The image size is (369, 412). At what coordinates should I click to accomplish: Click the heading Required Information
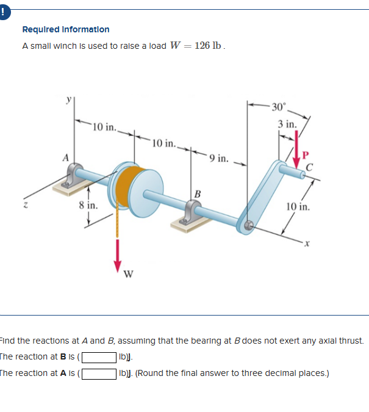pos(66,29)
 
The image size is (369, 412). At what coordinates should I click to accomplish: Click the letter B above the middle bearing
pos(197,193)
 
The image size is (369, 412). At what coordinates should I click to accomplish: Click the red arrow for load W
pos(117,256)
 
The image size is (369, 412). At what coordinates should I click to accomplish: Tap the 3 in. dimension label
pos(287,125)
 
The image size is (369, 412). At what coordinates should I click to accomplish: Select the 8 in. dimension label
pos(88,206)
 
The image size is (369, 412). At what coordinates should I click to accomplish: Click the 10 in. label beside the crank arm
pos(299,206)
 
